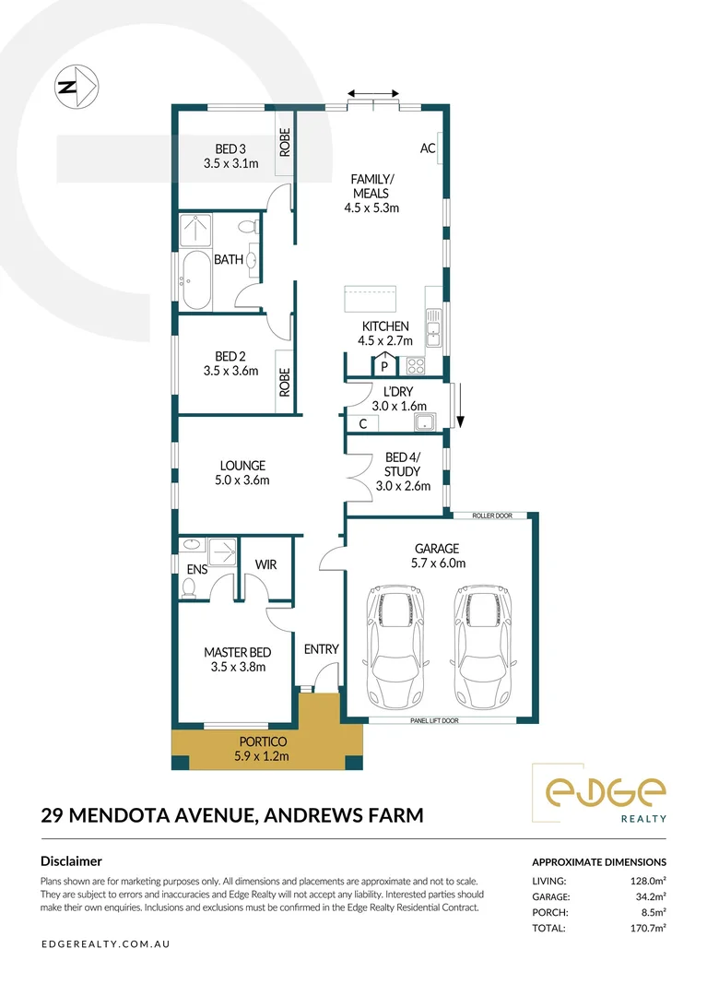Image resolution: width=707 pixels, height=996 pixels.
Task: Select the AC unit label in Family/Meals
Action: pyautogui.click(x=428, y=148)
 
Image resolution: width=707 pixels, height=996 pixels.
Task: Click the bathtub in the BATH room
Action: pyautogui.click(x=195, y=282)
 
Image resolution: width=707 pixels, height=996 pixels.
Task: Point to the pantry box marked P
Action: pyautogui.click(x=384, y=366)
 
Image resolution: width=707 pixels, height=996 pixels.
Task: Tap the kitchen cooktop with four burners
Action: pyautogui.click(x=416, y=365)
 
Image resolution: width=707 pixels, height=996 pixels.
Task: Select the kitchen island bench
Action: pyautogui.click(x=370, y=299)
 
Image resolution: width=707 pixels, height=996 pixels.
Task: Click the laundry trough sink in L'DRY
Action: pyautogui.click(x=426, y=422)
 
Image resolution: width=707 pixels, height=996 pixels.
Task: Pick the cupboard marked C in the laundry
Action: pyautogui.click(x=363, y=423)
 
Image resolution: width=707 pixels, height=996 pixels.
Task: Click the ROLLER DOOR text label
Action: pyautogui.click(x=491, y=516)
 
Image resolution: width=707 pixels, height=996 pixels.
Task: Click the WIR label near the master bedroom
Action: pyautogui.click(x=265, y=564)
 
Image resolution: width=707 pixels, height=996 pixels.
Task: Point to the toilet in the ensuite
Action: pyautogui.click(x=190, y=588)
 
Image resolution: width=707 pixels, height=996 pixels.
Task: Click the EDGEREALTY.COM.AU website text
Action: pyautogui.click(x=106, y=944)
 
